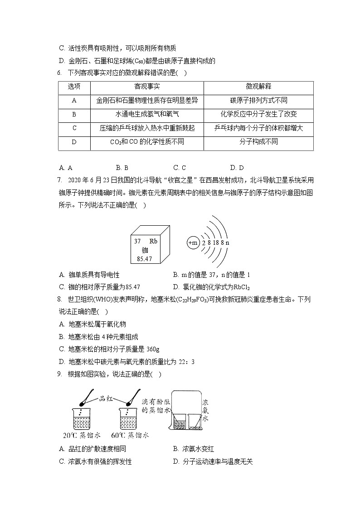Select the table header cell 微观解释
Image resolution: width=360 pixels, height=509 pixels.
(x=258, y=87)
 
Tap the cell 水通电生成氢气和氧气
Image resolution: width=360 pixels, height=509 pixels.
(x=147, y=114)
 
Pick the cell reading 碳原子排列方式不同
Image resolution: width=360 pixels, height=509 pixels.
(x=258, y=101)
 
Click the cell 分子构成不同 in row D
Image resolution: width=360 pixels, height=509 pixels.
(x=258, y=142)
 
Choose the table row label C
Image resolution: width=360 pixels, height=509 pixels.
(x=74, y=128)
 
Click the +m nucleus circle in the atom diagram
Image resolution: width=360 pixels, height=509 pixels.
(x=193, y=243)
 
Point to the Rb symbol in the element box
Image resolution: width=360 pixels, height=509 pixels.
(x=153, y=241)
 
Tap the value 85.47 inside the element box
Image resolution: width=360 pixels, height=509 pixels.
(x=144, y=259)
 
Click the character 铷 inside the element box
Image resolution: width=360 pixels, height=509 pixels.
(x=145, y=250)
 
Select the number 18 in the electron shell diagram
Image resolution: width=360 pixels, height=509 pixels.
(x=216, y=243)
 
